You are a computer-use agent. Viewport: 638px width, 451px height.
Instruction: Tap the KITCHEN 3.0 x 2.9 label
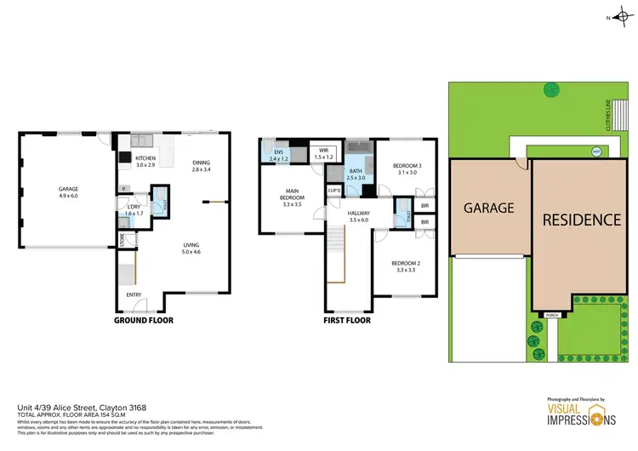145,161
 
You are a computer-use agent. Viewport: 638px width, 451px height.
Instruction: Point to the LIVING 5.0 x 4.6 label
191,248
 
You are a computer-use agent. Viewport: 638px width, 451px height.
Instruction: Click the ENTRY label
134,294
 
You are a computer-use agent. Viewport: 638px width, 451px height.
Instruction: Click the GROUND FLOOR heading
143,321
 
